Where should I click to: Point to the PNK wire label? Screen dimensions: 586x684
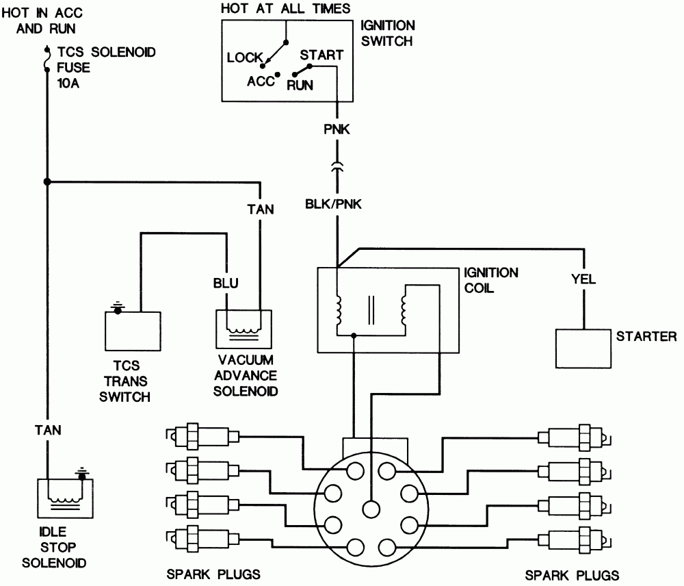click(337, 129)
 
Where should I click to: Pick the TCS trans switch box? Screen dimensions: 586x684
click(132, 331)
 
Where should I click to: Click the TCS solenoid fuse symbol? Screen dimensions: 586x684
click(47, 59)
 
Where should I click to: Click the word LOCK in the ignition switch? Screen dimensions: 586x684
click(245, 58)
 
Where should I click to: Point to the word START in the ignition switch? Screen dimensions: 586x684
click(321, 55)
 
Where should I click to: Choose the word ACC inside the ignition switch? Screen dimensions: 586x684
click(260, 81)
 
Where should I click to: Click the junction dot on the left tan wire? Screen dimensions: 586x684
click(47, 181)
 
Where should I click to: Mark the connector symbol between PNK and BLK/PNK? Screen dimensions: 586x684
click(337, 167)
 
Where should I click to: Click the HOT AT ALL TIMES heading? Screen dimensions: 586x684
click(287, 9)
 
